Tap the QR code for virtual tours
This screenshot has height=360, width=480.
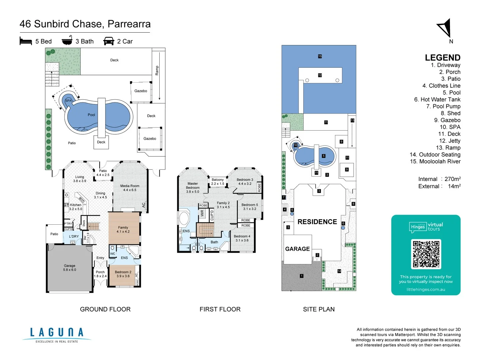[x=426, y=254]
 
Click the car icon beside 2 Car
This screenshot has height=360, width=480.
[x=109, y=41]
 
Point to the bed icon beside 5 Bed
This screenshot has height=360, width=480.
[x=26, y=41]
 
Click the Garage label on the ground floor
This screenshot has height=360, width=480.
[x=69, y=268]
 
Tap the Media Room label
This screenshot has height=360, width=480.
[x=130, y=188]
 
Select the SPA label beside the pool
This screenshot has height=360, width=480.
[x=68, y=100]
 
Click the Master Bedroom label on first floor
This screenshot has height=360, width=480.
[x=192, y=187]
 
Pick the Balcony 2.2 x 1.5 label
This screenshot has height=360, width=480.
[x=217, y=182]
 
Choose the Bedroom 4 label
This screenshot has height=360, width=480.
[x=242, y=238]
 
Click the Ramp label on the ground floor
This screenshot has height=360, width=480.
[x=157, y=70]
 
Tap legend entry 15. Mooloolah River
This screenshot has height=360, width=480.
[x=435, y=161]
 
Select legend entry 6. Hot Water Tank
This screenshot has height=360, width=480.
[x=437, y=99]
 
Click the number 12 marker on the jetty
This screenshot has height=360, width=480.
[x=320, y=75]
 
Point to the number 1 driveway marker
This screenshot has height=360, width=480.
[x=301, y=276]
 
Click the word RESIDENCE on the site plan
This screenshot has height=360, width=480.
[x=317, y=222]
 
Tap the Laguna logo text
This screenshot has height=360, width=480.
[x=57, y=332]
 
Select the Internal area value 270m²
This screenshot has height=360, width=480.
[x=452, y=179]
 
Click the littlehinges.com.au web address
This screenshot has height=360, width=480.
[x=426, y=289]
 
